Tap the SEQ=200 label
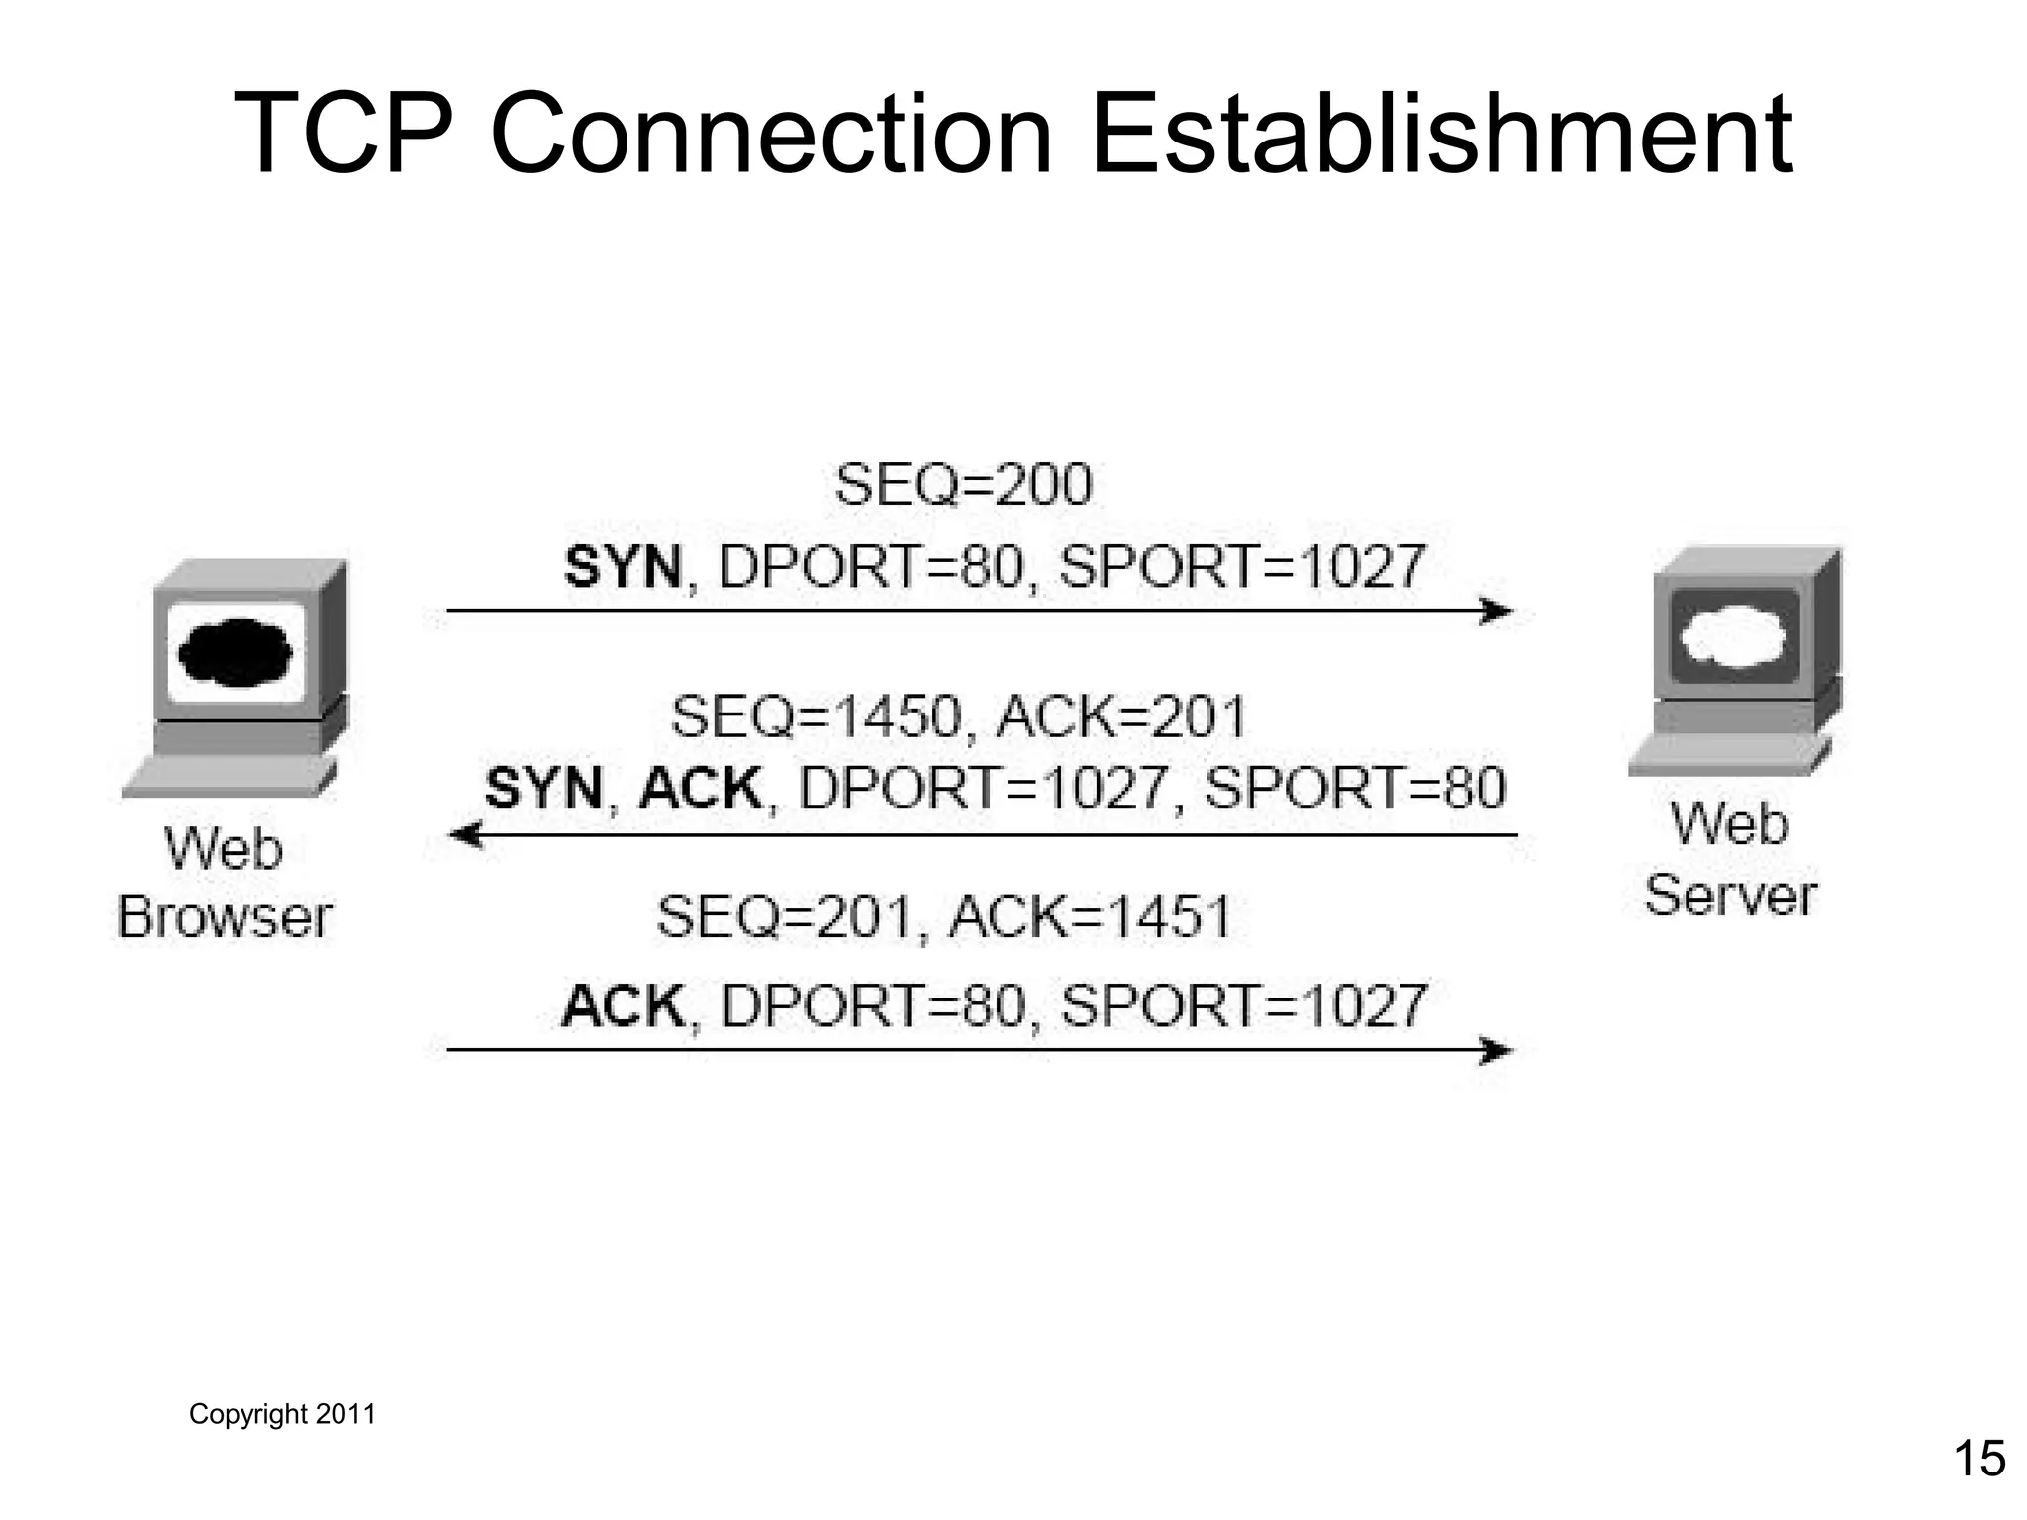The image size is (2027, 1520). pyautogui.click(x=963, y=485)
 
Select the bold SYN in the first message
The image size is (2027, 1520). pyautogui.click(x=623, y=568)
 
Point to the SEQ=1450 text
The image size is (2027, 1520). pyautogui.click(x=817, y=716)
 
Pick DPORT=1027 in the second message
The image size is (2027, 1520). pyautogui.click(x=983, y=789)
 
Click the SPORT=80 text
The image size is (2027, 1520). pyautogui.click(x=1355, y=789)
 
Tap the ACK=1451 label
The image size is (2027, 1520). pyautogui.click(x=1090, y=916)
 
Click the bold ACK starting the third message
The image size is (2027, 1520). pyautogui.click(x=623, y=1005)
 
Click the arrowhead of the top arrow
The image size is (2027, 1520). pyautogui.click(x=1497, y=611)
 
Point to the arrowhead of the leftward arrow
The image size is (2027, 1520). pyautogui.click(x=465, y=835)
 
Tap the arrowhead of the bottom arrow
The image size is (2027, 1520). pyautogui.click(x=1497, y=1050)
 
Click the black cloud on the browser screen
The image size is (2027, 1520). pyautogui.click(x=235, y=653)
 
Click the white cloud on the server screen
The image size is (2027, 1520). pyautogui.click(x=1734, y=636)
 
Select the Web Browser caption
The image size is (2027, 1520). pyautogui.click(x=225, y=883)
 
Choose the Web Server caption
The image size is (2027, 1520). pyautogui.click(x=1730, y=859)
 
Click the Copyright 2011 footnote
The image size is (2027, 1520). pyautogui.click(x=282, y=1414)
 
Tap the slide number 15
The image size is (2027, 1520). pyautogui.click(x=1979, y=1459)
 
